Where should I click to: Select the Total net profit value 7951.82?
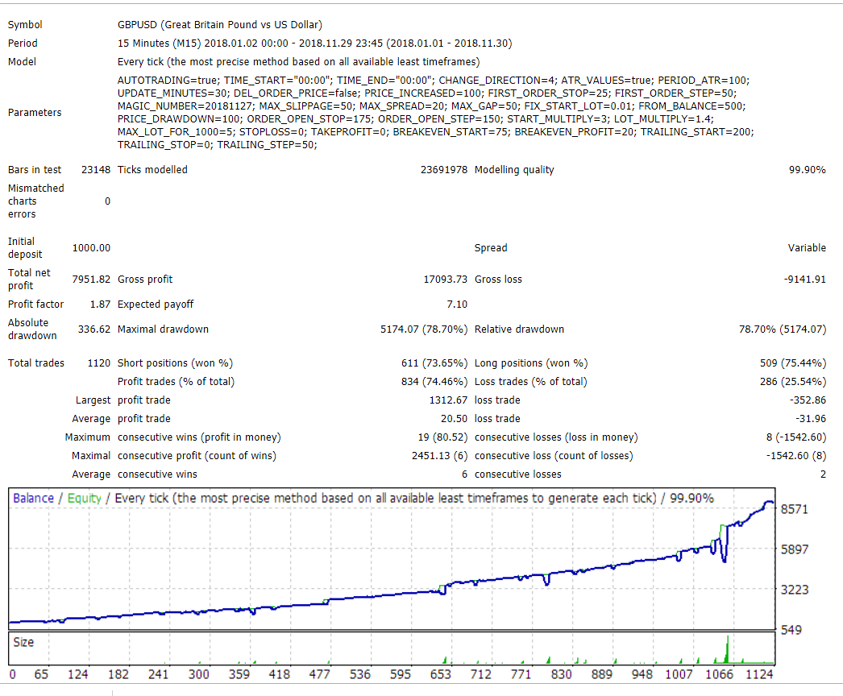91,280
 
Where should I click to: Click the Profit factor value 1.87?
100,304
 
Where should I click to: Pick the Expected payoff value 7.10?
457,304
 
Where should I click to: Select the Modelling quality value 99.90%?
807,170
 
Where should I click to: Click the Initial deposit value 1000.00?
91,248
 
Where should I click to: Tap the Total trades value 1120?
98,363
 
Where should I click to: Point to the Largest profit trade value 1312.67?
448,400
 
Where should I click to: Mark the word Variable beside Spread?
807,248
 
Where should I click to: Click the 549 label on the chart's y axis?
792,629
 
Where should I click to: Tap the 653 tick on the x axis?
440,674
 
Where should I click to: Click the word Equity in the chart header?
84,498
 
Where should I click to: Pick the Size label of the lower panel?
23,643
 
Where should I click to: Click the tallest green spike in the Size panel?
728,647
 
